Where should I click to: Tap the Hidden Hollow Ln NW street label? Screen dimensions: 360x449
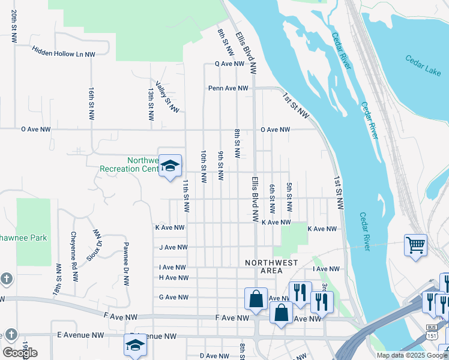pyautogui.click(x=64, y=53)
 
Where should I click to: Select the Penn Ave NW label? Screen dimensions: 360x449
pyautogui.click(x=228, y=88)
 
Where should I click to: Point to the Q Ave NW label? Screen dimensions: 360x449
pyautogui.click(x=231, y=63)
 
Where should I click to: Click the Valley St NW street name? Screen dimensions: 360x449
pyautogui.click(x=167, y=97)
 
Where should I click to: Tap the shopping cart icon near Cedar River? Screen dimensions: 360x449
pyautogui.click(x=415, y=245)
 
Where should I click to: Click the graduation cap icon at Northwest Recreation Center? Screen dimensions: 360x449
pyautogui.click(x=170, y=166)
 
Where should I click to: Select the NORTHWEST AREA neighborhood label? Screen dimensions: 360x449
pyautogui.click(x=271, y=267)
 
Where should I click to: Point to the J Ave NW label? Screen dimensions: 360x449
pyautogui.click(x=173, y=247)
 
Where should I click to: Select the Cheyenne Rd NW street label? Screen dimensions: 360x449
pyautogui.click(x=74, y=257)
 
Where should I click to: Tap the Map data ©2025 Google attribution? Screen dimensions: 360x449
pyautogui.click(x=411, y=355)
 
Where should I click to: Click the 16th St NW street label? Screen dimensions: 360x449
pyautogui.click(x=92, y=102)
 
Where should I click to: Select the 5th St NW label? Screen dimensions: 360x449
pyautogui.click(x=289, y=197)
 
